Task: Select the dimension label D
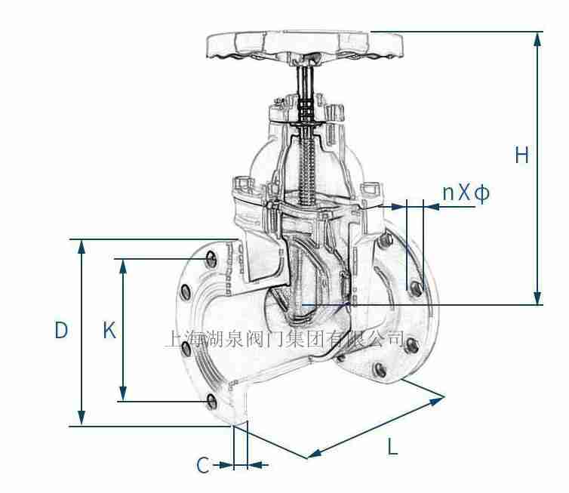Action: coord(61,331)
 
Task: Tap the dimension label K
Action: coord(109,331)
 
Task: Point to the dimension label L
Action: coord(392,446)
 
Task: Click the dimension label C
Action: coord(203,465)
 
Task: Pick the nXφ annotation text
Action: coord(466,193)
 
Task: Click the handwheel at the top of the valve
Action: coord(304,45)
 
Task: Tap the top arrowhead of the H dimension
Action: coord(537,39)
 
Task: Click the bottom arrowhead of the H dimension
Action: coord(537,297)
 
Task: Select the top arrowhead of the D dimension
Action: coord(82,247)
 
